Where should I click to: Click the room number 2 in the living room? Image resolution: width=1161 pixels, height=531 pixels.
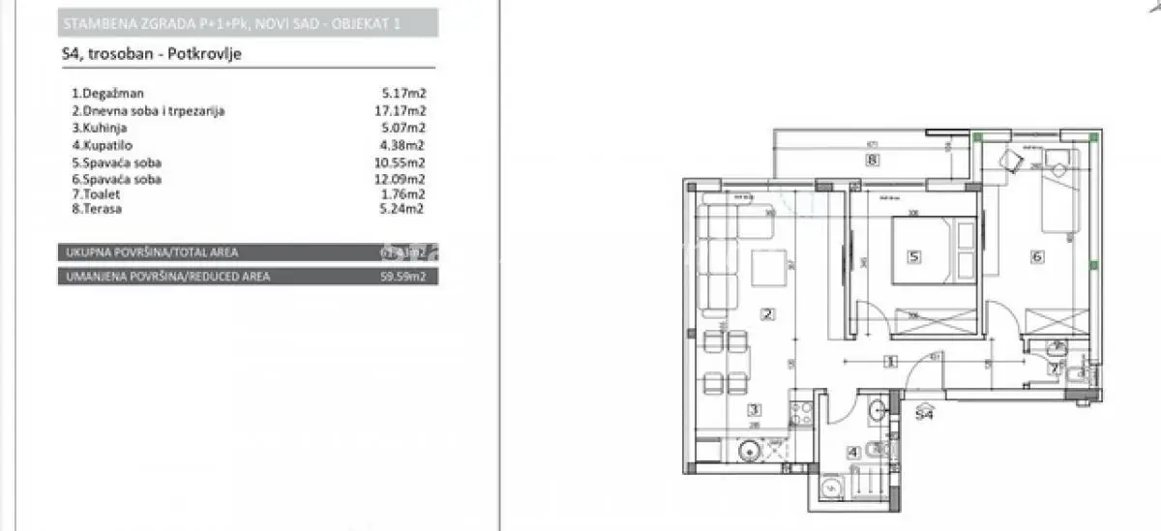click(768, 313)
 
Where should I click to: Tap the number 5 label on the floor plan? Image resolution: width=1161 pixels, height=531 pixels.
click(912, 257)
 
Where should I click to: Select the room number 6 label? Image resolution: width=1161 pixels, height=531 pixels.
click(1037, 257)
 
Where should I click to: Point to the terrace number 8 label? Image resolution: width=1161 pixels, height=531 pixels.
click(872, 162)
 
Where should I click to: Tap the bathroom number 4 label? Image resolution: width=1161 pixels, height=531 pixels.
click(853, 452)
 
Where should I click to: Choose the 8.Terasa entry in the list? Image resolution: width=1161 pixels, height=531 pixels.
click(95, 208)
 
